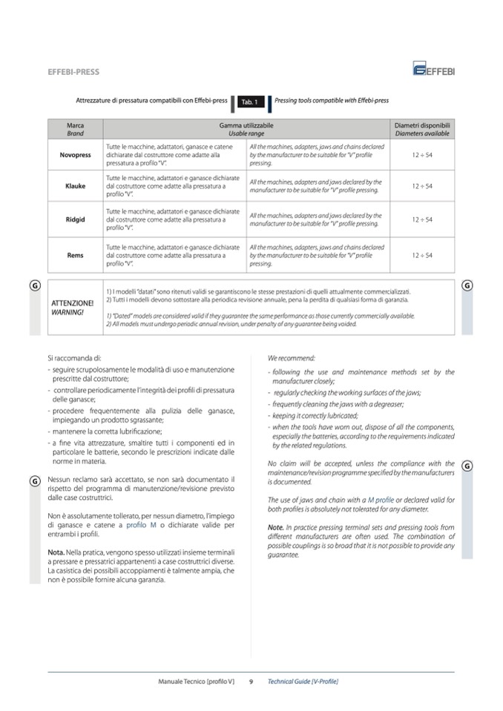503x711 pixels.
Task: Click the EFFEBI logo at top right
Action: point(434,69)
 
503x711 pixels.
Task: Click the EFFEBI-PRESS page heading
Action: point(73,72)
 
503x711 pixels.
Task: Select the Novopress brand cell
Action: point(75,155)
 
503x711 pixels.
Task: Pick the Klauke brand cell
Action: point(75,186)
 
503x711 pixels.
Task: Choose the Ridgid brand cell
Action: point(75,219)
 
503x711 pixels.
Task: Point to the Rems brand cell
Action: point(75,255)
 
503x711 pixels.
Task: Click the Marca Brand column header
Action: point(75,130)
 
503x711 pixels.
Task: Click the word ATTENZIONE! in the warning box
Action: point(72,303)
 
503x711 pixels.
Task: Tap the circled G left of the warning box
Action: point(35,285)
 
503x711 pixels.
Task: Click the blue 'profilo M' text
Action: point(141,525)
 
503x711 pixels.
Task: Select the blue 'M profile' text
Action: point(381,500)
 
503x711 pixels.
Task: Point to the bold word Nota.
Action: point(55,552)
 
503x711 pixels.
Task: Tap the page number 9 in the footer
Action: point(251,681)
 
